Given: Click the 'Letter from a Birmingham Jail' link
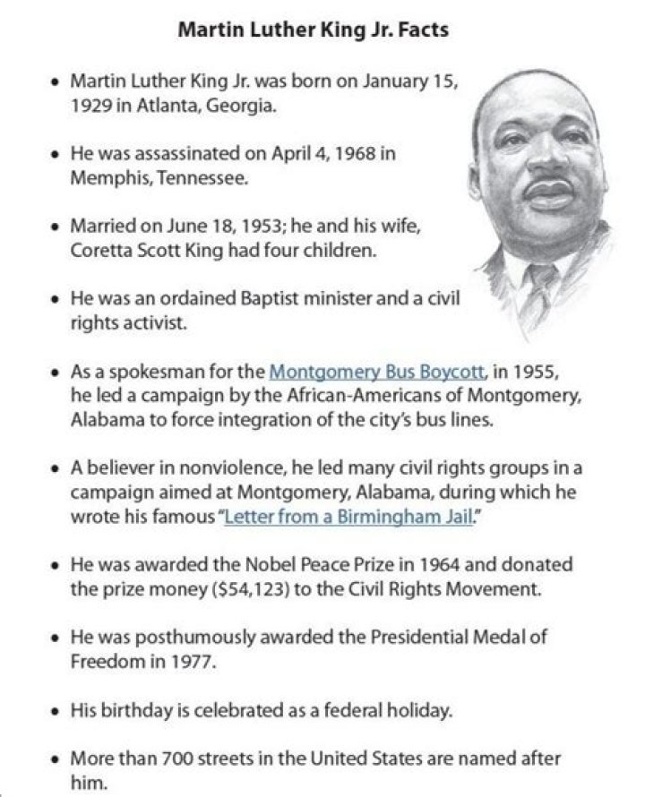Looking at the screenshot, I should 348,517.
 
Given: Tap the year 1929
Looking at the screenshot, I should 90,107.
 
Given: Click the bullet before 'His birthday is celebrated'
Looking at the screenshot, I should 56,712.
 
